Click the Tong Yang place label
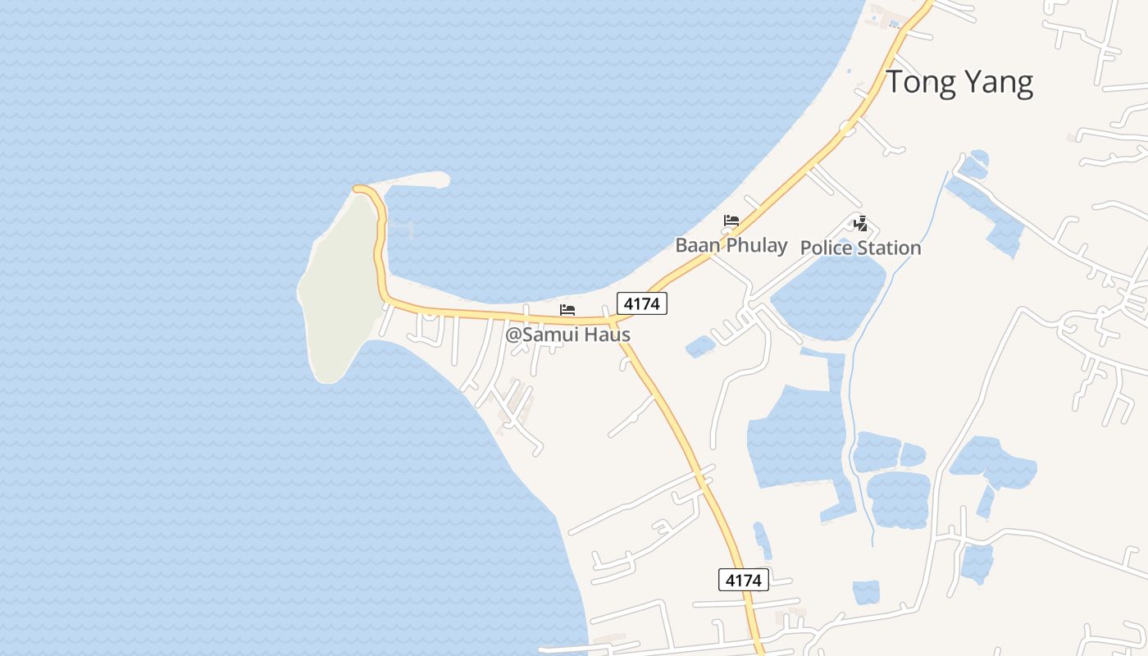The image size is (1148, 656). point(959,83)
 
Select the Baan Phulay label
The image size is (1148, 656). point(731,244)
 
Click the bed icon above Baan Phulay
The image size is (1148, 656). point(731,221)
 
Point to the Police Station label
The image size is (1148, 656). point(860,247)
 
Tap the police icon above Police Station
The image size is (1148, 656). point(860,223)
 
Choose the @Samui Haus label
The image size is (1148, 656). point(567,335)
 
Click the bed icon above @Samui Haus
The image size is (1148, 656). point(567,310)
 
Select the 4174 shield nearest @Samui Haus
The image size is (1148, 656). point(642,303)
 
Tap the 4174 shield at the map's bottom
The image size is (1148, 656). point(744,580)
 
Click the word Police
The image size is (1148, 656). point(827,247)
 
